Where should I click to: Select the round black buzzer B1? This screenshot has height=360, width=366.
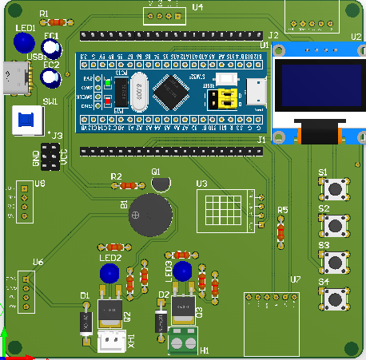(x=151, y=213)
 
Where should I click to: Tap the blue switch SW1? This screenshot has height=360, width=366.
(x=28, y=121)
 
